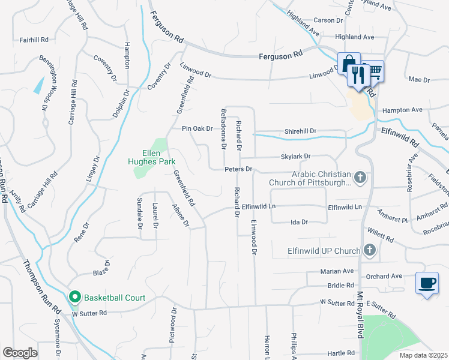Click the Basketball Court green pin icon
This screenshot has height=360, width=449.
75,296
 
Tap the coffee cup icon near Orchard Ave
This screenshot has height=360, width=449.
426,283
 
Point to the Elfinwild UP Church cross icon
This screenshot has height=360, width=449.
370,250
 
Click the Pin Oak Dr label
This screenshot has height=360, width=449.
197,128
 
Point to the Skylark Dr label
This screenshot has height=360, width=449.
295,157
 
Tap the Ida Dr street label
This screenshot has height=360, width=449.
299,222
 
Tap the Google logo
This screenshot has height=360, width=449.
20,353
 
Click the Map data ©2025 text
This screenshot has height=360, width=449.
423,355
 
